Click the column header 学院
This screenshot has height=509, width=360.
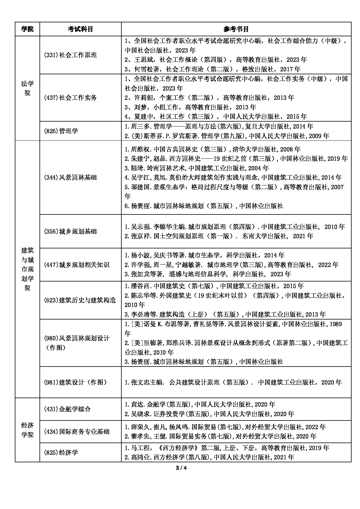click(27, 29)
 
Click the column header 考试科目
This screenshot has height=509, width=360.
click(80, 29)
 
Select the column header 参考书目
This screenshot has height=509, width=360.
click(236, 29)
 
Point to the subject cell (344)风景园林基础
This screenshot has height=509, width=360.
click(70, 177)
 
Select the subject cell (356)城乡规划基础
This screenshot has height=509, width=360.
click(70, 231)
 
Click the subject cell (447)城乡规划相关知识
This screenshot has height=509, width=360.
click(77, 265)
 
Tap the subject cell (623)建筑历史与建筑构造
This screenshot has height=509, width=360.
click(80, 300)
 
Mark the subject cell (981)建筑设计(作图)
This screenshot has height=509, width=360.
click(75, 382)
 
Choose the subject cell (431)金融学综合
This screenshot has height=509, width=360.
click(67, 409)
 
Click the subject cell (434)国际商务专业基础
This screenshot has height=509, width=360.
click(77, 432)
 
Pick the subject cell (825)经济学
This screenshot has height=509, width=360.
click(61, 452)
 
